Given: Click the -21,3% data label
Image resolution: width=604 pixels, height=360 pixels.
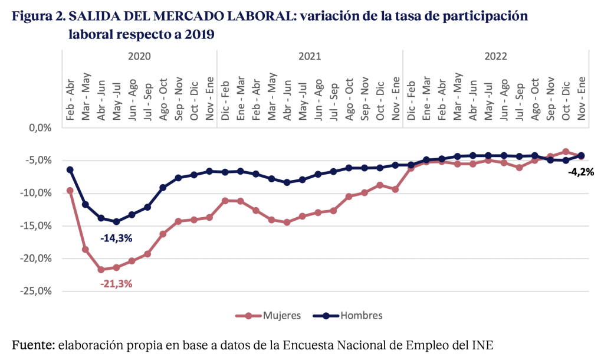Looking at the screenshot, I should coord(116,283).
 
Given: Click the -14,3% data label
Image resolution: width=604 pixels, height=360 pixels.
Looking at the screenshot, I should coord(116,238).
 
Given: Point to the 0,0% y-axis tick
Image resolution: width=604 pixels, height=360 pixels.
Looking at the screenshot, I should coord(40,127).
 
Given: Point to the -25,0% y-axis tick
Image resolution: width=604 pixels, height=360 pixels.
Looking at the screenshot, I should coord(37,291).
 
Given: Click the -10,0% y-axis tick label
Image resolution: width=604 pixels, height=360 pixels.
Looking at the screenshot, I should coord(37,193).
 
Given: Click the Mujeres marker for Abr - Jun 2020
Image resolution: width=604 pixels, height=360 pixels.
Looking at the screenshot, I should coord(101,270).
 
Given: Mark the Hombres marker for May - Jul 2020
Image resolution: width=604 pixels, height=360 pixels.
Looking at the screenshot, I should coord(116,222).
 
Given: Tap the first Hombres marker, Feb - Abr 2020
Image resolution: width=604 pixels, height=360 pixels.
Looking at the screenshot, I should coord(70,170).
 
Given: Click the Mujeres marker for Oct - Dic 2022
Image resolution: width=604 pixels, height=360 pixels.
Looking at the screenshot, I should coord(566,152).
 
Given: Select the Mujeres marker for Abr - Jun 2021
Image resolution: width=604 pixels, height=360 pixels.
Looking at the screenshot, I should coord(287,222).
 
